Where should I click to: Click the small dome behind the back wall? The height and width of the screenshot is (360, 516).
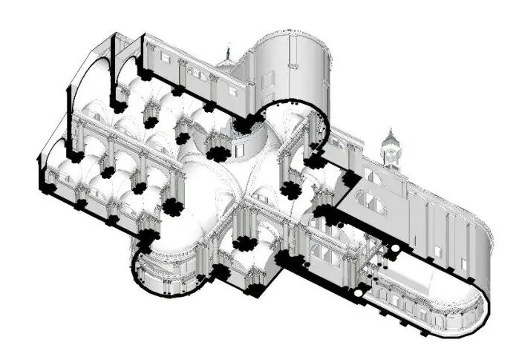(x=225, y=66)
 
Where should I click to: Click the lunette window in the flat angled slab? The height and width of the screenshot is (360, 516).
(x=370, y=201)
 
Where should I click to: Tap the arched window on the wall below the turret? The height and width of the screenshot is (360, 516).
(x=370, y=175)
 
